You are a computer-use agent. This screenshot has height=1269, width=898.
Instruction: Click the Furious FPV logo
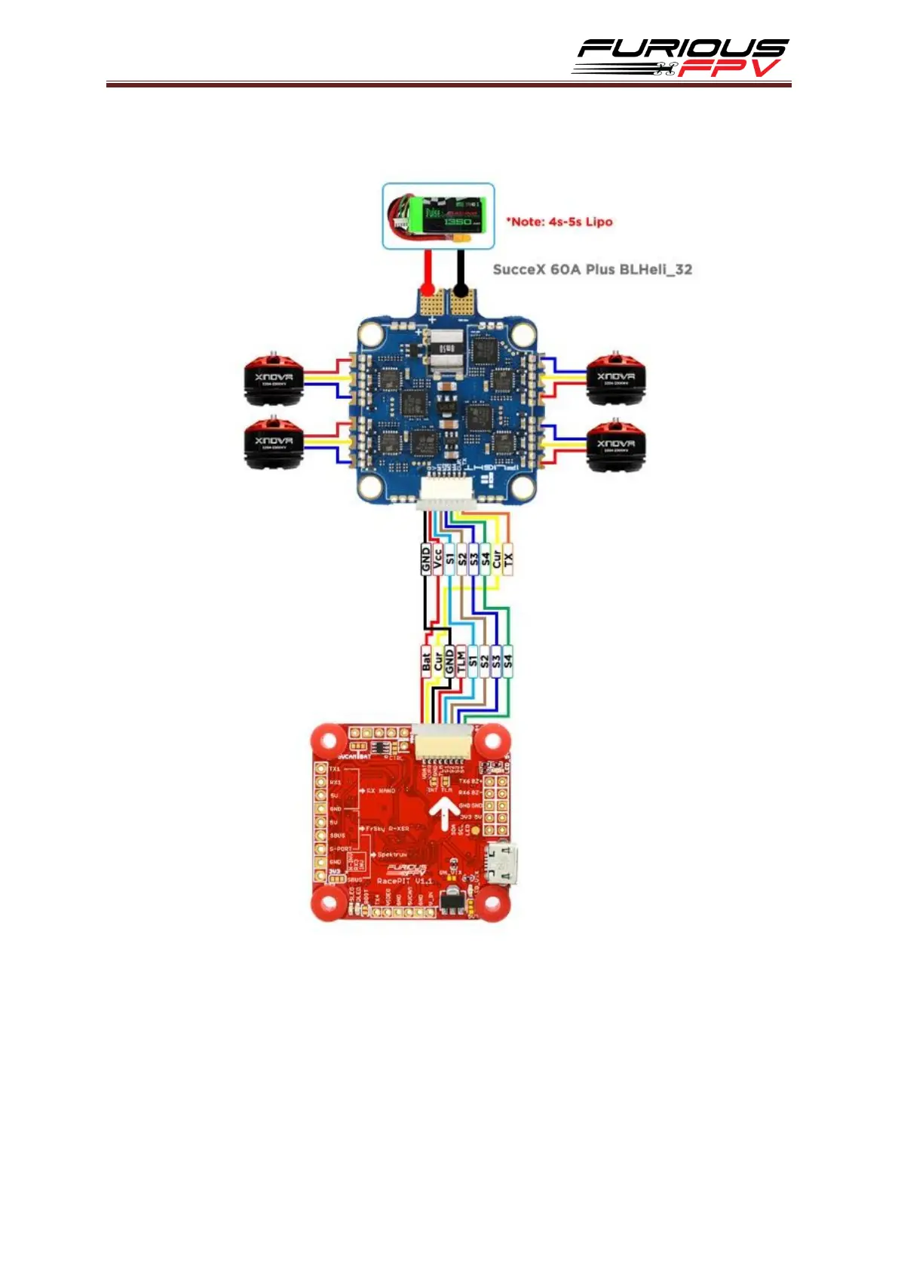coord(681,57)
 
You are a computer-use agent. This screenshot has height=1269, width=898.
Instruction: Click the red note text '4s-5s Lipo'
coord(559,222)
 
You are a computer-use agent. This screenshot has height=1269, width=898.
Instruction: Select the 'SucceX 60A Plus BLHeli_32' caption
coord(592,269)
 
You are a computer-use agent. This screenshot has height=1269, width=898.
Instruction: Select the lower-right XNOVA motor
coord(615,445)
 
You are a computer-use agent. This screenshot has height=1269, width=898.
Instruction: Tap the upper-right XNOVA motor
coord(615,377)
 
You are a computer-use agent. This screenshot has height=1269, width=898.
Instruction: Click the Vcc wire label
coord(437,559)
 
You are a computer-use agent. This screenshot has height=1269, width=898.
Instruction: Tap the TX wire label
coord(507,559)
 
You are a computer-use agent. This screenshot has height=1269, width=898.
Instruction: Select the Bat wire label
coord(426,661)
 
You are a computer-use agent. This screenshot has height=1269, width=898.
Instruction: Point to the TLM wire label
coord(461,661)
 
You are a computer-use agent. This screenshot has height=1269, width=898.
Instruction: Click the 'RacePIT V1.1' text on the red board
coord(404,881)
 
